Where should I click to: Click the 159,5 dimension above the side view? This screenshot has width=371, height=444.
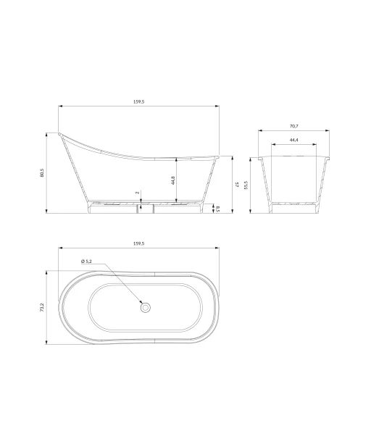(x=139, y=102)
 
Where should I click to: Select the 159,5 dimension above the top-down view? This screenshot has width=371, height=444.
(x=139, y=243)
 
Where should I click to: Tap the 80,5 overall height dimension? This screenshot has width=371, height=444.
(x=42, y=172)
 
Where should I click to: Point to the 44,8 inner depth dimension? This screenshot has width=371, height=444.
(x=173, y=180)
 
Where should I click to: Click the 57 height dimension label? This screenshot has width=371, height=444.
(x=238, y=185)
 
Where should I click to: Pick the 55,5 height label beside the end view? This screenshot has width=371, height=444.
(x=246, y=185)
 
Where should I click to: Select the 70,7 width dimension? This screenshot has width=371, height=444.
(x=293, y=126)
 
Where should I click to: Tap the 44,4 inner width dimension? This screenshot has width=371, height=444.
(x=293, y=140)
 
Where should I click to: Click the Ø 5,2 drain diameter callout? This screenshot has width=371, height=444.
(x=86, y=261)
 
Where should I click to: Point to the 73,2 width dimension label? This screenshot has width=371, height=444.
(x=42, y=308)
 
